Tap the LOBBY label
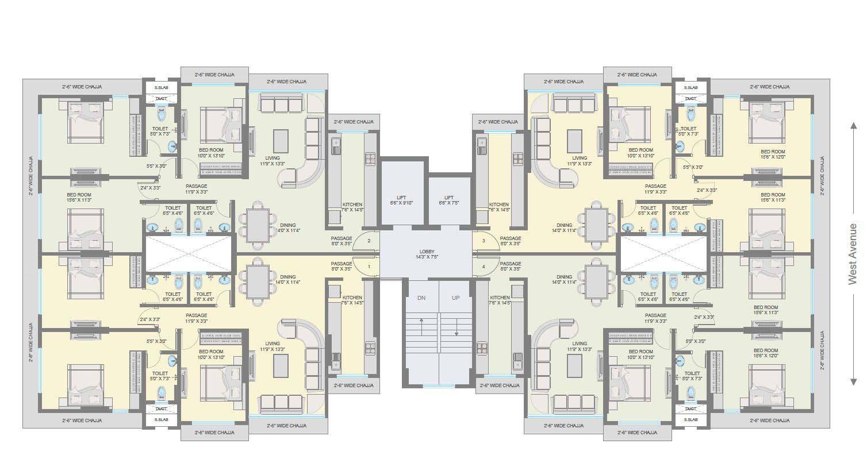click(427, 251)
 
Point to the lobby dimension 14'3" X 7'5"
click(427, 257)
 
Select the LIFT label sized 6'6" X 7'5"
click(449, 198)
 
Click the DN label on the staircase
click(421, 298)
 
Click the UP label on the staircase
click(455, 298)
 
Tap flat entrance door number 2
click(369, 241)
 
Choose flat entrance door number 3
click(484, 241)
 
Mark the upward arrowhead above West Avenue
click(854, 126)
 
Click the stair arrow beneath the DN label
click(421, 325)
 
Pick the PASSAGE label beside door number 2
click(341, 238)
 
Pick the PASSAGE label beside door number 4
click(510, 264)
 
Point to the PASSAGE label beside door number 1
click(341, 264)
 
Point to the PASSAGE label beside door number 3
click(510, 238)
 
